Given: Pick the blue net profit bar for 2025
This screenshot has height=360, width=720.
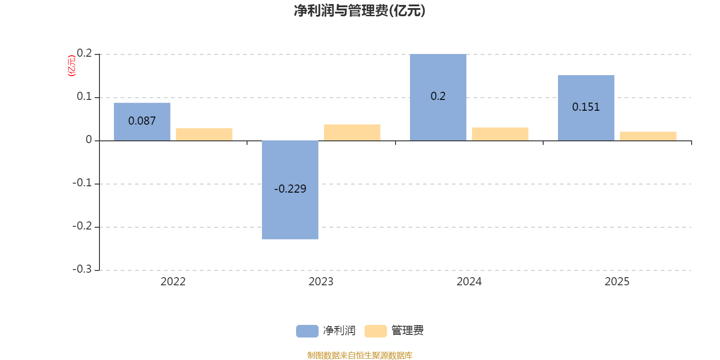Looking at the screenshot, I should pos(586,126).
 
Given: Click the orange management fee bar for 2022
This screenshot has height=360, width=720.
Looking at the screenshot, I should pos(204,135).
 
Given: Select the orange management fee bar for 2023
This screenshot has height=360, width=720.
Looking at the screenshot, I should pos(352,132).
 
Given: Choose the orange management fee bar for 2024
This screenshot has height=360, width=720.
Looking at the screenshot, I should pos(500,134).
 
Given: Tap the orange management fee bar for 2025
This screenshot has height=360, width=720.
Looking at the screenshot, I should pos(648,136).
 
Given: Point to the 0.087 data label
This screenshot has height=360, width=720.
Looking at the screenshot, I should pos(142,121).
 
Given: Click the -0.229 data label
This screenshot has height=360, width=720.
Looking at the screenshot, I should pos(290,189).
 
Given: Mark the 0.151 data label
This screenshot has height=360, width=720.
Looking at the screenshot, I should pos(586,107).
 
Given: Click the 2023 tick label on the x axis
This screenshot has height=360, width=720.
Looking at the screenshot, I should pos(321,282).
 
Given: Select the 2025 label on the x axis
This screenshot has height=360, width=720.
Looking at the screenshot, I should pos(617,282).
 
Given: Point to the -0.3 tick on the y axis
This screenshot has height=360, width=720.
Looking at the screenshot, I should pos(82,269).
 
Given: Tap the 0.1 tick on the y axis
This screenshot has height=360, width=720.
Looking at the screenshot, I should pos(84,96).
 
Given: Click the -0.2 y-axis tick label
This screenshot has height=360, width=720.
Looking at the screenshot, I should pos(82,226).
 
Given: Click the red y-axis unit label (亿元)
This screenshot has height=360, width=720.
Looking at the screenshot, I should pos(71,66).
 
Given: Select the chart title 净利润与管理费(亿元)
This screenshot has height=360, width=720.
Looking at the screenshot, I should pos(360,10).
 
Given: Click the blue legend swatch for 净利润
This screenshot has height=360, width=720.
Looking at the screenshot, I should pos(307,331).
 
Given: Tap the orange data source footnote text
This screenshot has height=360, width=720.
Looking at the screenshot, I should pos(360,355).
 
